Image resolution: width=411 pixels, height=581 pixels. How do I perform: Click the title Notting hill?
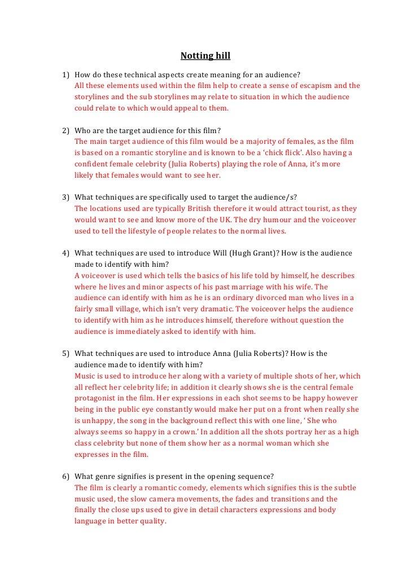(205, 56)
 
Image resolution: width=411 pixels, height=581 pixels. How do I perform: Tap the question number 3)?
(65, 197)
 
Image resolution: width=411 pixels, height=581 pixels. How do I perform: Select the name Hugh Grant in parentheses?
(252, 253)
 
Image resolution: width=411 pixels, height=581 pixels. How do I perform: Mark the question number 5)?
(65, 354)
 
